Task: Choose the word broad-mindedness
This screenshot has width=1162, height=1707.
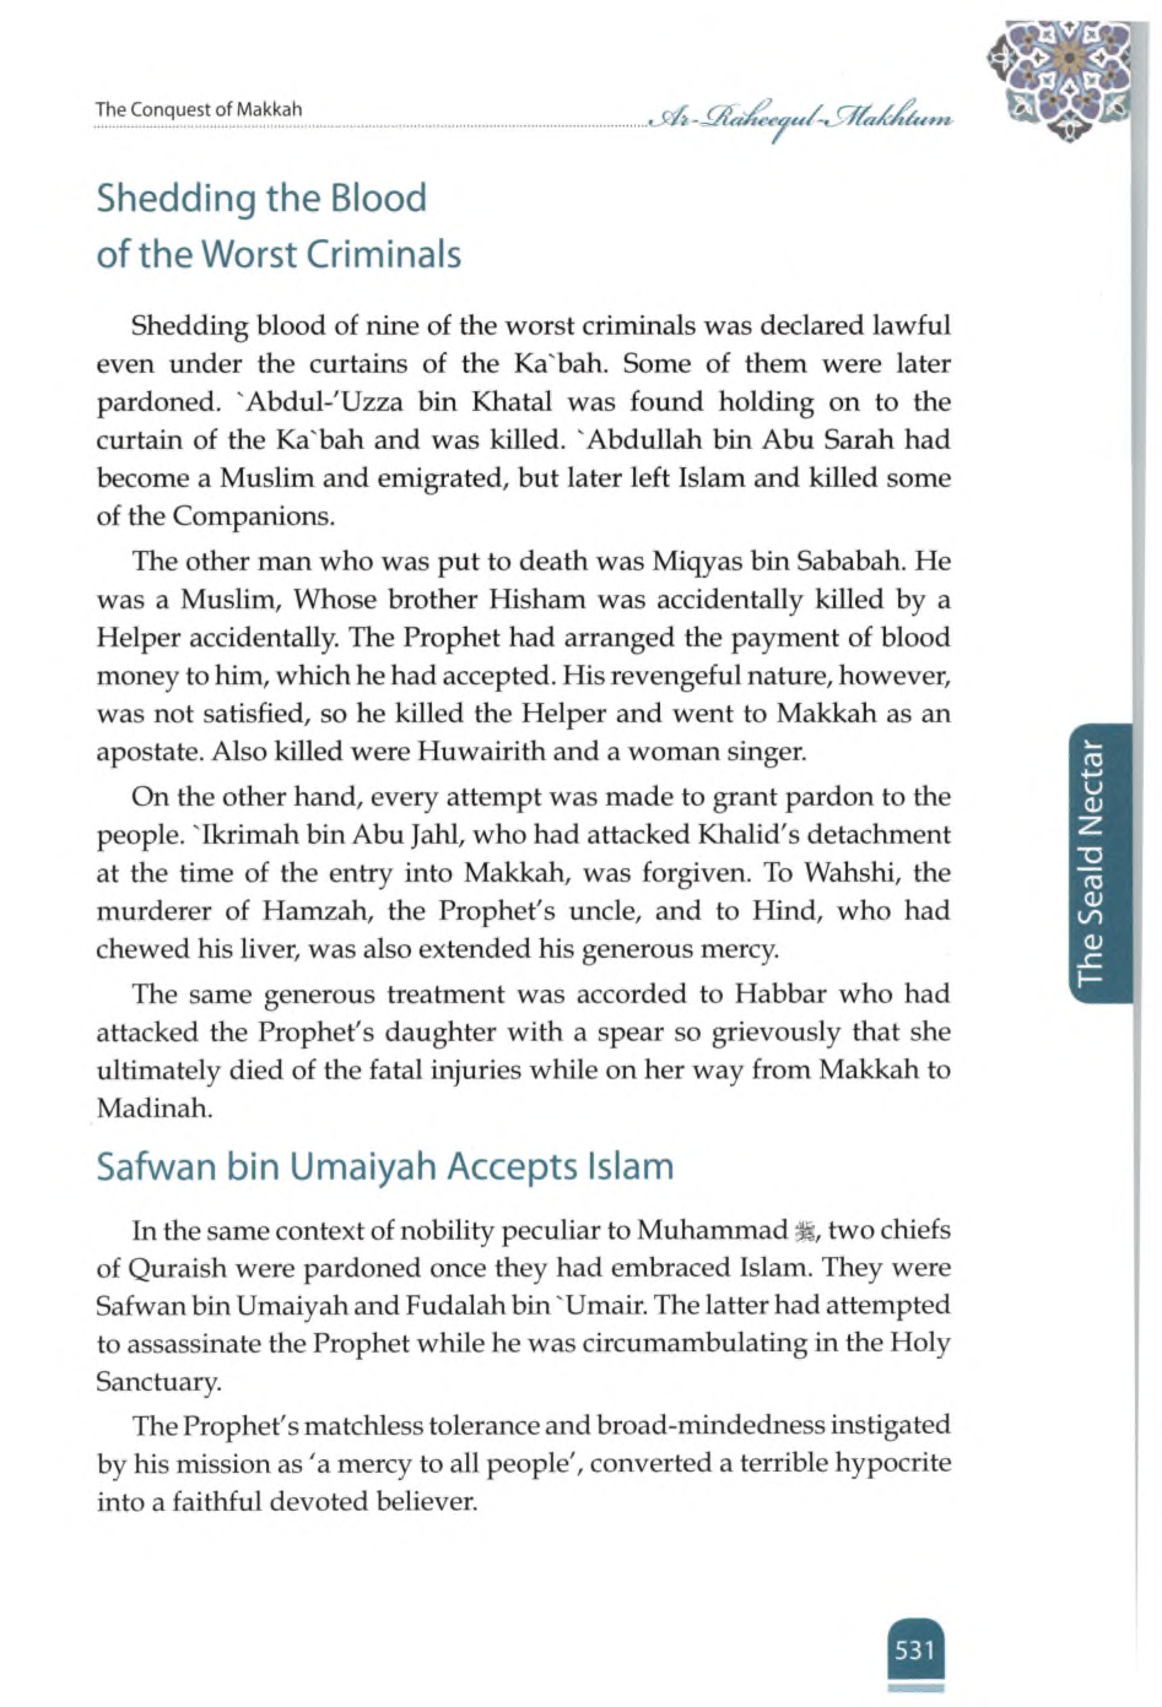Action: tap(706, 1425)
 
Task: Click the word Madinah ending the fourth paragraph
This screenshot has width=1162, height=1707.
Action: tap(153, 1108)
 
